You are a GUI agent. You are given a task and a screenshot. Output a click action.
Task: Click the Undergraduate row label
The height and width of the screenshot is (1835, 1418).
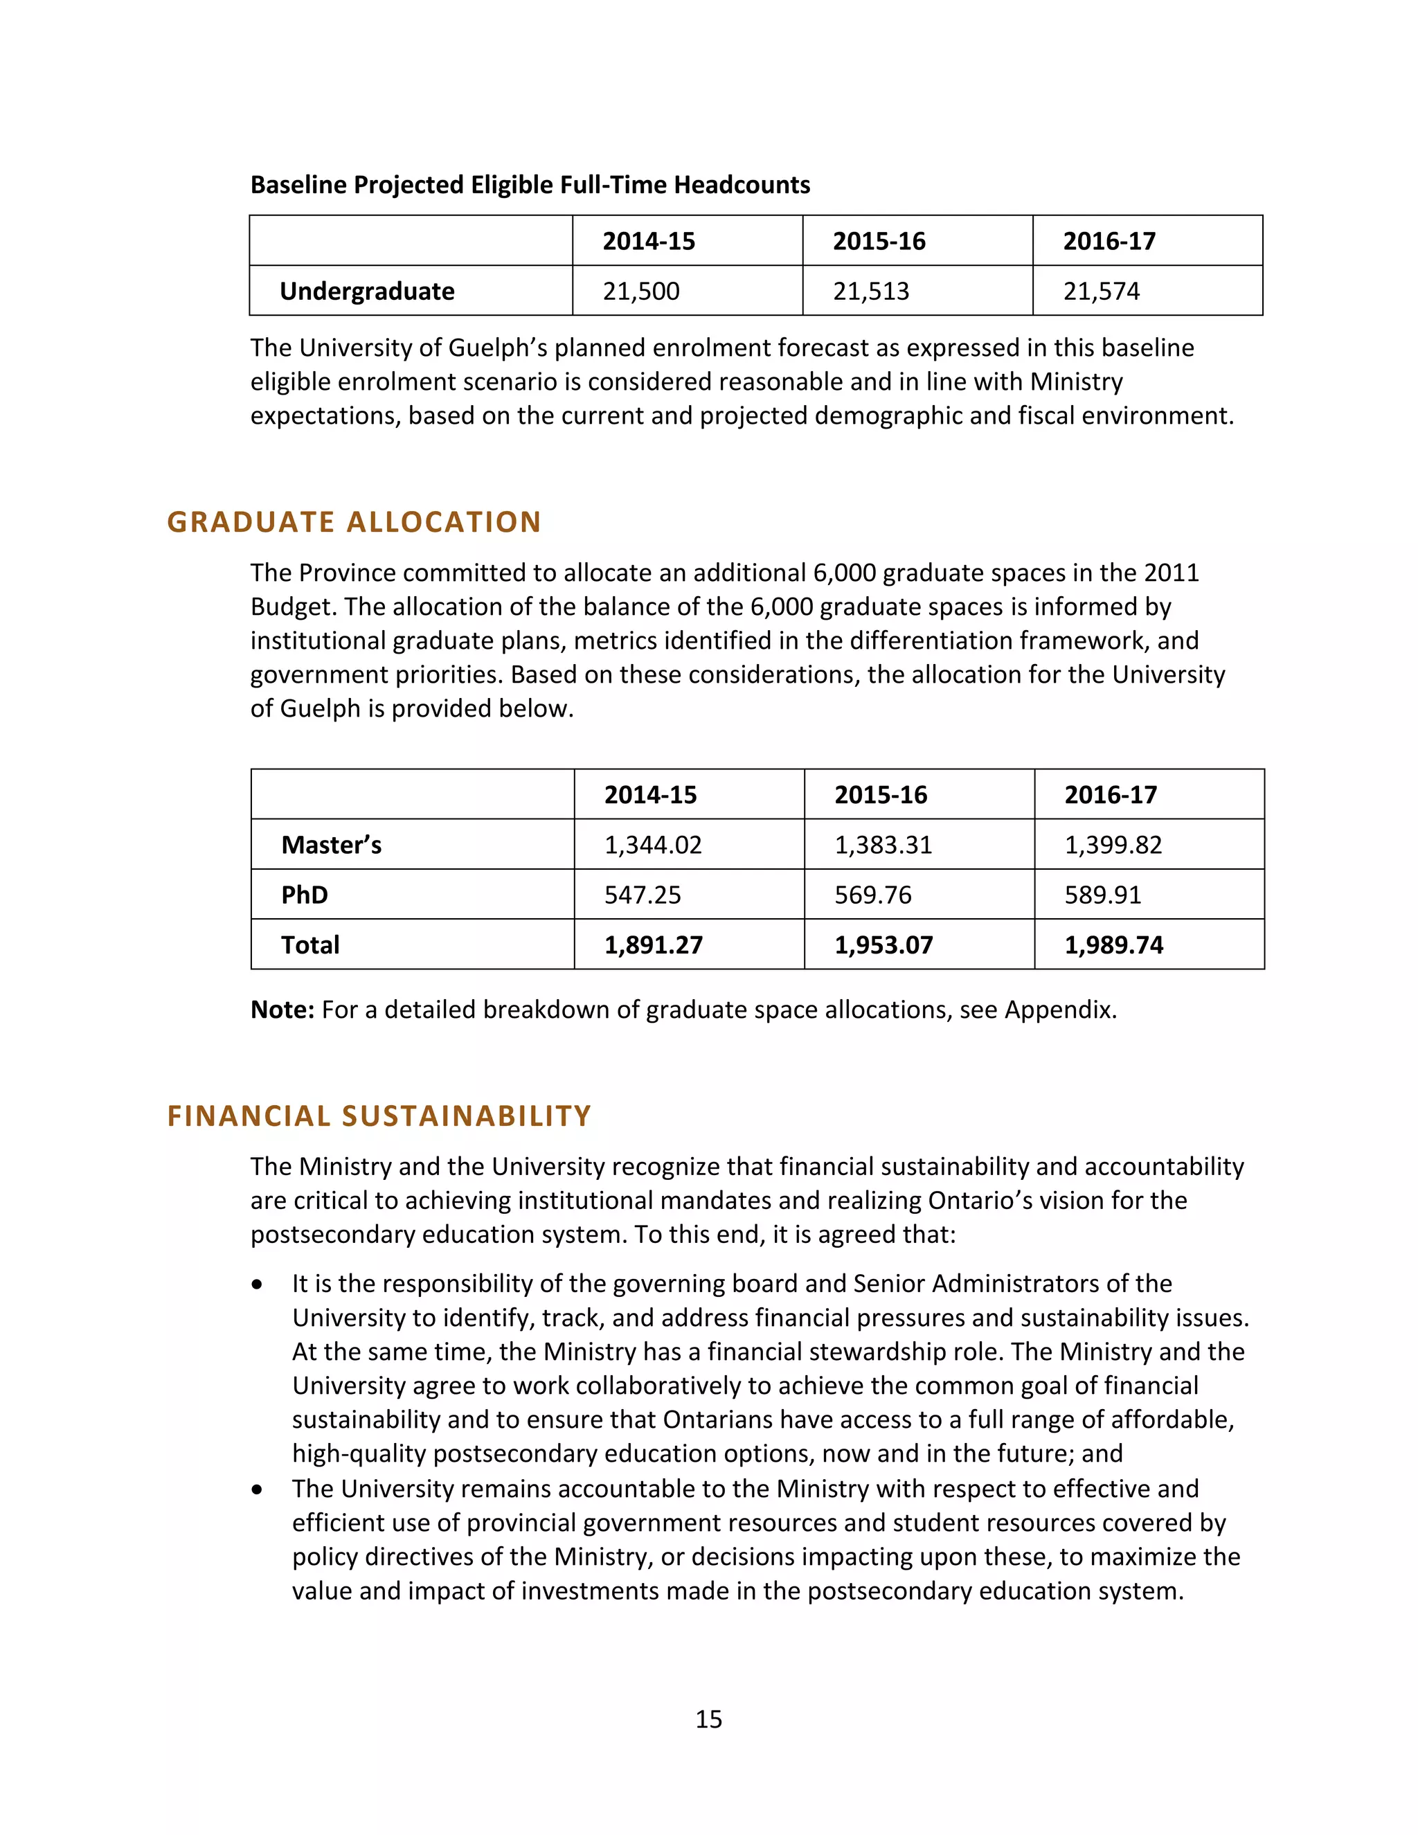pos(366,291)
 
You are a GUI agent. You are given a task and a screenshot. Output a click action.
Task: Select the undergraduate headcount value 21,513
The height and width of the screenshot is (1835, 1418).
pos(870,291)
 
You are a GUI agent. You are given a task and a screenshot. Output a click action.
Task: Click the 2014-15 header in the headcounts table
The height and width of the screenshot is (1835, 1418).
pos(649,241)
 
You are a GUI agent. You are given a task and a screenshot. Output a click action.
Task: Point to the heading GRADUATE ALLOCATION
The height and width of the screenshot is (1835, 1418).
pos(354,522)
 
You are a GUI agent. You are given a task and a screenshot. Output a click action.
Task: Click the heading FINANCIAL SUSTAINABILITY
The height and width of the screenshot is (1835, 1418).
pos(379,1116)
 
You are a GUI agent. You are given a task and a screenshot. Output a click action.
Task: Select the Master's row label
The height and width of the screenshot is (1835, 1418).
pos(331,844)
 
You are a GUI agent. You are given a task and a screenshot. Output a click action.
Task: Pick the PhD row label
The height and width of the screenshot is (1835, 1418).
pos(304,895)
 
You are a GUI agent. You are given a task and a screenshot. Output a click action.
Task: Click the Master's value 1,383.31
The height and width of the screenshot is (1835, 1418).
pos(883,844)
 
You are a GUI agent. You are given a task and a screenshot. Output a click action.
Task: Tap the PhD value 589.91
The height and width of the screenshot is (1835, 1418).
pos(1102,895)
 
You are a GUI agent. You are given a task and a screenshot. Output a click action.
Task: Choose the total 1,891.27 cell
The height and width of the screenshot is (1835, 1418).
pos(653,945)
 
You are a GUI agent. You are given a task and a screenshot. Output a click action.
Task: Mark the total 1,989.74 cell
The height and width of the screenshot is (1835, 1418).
pos(1113,945)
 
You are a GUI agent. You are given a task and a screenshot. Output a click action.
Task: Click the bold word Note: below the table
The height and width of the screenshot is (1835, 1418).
pos(282,1009)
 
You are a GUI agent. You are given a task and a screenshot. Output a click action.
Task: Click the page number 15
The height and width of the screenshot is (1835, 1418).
pos(708,1719)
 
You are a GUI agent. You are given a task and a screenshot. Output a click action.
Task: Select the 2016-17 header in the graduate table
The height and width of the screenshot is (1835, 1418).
pos(1110,795)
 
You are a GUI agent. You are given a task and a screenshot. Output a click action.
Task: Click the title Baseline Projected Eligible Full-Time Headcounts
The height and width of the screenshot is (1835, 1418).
pos(530,185)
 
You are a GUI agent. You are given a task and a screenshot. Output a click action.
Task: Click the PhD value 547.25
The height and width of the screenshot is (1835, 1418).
pos(642,895)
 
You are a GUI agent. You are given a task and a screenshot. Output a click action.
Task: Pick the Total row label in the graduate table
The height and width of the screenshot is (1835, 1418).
pos(310,945)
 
